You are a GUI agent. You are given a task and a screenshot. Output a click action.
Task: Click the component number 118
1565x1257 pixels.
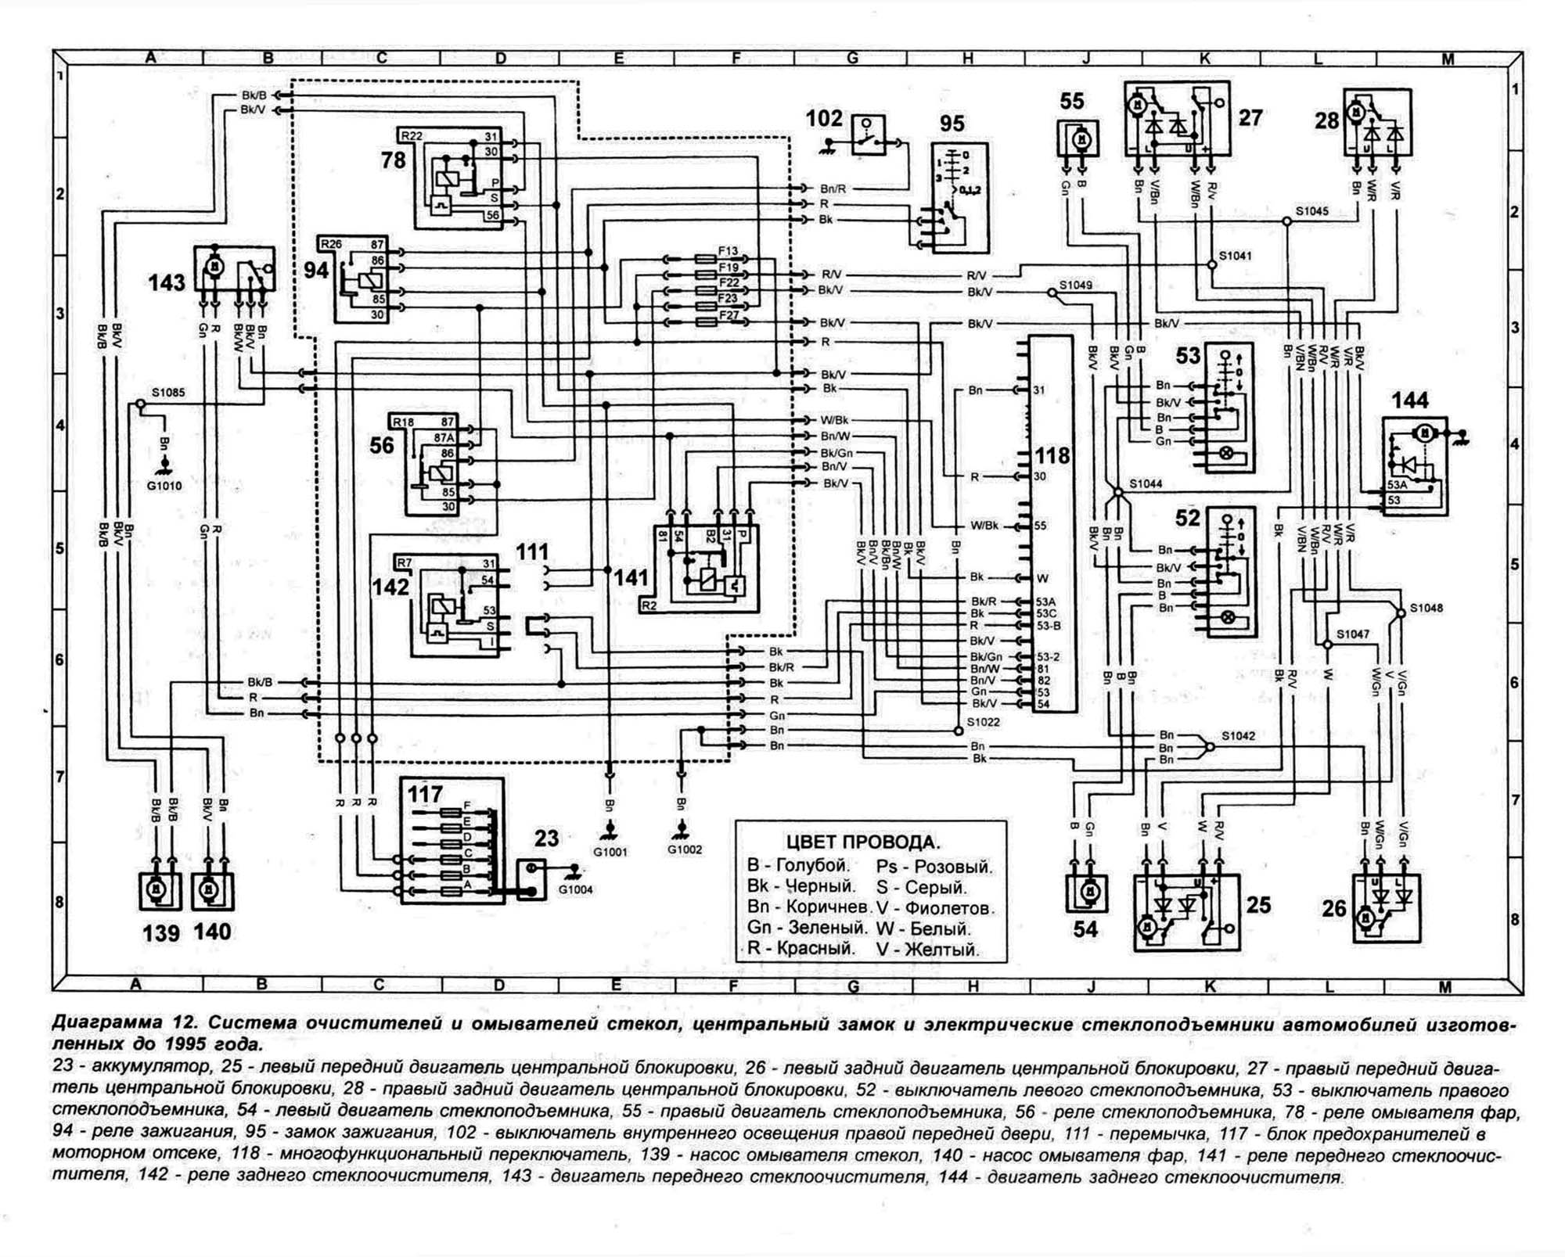pos(1052,455)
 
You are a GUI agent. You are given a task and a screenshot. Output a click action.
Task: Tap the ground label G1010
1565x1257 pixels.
pos(164,486)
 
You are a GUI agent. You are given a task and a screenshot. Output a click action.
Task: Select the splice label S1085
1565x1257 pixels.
pos(168,393)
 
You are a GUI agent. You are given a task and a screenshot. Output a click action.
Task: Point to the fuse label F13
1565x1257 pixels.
pos(728,252)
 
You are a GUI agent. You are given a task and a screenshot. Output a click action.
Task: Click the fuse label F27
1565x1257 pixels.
pos(729,315)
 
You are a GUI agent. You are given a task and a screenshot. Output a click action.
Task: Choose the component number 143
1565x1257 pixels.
pos(167,282)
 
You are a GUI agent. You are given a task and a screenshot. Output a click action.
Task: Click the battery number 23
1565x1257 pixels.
pos(546,839)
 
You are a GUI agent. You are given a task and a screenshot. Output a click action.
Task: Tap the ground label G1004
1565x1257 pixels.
pos(575,889)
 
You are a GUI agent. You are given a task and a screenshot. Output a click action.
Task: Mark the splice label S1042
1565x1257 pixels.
pos(1238,736)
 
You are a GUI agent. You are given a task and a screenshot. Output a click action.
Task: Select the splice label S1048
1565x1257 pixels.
pos(1426,608)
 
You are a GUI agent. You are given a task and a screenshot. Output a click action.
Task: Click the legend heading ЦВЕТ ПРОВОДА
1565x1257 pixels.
pos(862,842)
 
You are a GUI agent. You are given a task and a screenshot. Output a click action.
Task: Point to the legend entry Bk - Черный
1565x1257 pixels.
pos(800,886)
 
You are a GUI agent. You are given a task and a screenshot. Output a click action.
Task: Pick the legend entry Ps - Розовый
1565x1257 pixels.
pos(934,867)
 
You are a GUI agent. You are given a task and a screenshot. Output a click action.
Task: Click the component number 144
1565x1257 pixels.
pos(1409,400)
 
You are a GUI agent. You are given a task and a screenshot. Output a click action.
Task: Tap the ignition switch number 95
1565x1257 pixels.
pos(952,124)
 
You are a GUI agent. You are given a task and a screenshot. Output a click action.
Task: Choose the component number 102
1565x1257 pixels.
pos(824,118)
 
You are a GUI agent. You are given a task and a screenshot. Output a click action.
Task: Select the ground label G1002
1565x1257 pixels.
pos(685,849)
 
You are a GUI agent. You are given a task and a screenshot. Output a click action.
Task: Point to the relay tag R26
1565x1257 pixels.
pos(332,244)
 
